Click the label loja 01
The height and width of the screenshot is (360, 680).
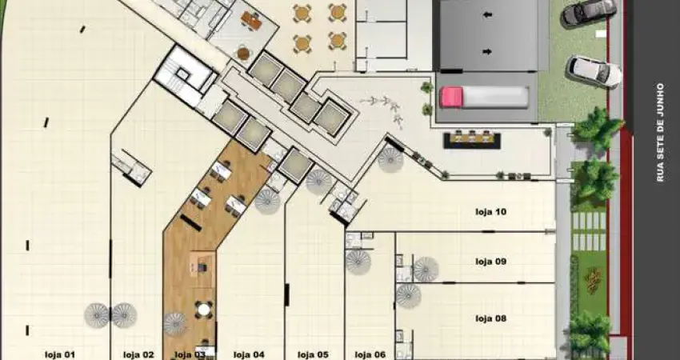coord(60,354)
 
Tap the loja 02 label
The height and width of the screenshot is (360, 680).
coord(138,354)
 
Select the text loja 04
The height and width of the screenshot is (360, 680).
coord(249,354)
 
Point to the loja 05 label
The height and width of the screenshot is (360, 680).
coord(313,354)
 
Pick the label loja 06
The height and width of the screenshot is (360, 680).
coord(370,354)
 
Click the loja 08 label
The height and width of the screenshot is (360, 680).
coord(491,318)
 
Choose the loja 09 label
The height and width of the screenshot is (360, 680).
coord(491,262)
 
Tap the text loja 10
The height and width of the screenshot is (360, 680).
coord(491,212)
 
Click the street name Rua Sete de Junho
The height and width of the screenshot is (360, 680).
coord(660,132)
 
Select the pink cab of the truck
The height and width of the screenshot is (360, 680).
coord(450,97)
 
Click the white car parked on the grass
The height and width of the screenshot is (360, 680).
coord(594,71)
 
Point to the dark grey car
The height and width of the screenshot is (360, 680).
coord(589,12)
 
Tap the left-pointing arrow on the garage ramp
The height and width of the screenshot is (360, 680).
coord(488,15)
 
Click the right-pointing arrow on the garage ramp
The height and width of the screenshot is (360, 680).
coord(488,52)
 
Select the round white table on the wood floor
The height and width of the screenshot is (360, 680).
coord(203,310)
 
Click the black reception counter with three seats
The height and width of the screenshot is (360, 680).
coord(472,141)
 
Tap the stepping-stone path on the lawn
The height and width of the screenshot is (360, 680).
coord(589,231)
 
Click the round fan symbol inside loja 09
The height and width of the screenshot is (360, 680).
coord(426,270)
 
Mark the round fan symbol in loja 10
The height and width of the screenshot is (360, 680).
coord(390,160)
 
